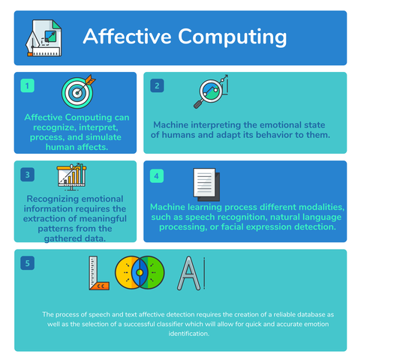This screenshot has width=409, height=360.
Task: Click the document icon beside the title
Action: [44, 37]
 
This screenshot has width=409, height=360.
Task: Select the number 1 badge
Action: [28, 85]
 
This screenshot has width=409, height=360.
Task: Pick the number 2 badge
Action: [158, 85]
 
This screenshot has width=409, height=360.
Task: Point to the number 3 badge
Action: [28, 175]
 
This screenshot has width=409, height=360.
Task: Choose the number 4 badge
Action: [157, 176]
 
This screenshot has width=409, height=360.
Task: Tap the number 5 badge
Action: [28, 263]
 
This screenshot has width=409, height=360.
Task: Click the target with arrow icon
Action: [77, 91]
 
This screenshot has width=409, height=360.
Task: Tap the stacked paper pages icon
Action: [206, 182]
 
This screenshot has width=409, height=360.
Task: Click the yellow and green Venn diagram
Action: [142, 274]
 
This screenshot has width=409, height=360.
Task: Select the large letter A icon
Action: [188, 274]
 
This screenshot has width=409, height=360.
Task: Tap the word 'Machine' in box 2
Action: [174, 124]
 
